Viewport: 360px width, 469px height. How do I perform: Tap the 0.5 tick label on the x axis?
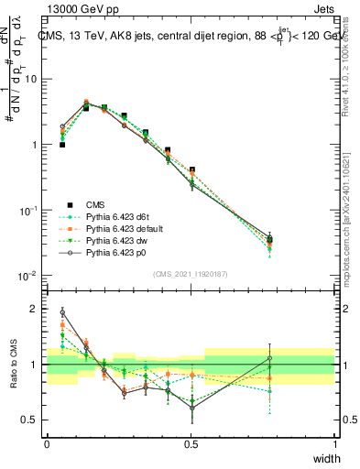191,444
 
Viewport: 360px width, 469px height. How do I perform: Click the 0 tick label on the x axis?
47,444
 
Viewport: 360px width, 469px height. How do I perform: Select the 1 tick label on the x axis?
334,444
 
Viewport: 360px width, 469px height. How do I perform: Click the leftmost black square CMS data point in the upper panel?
62,145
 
